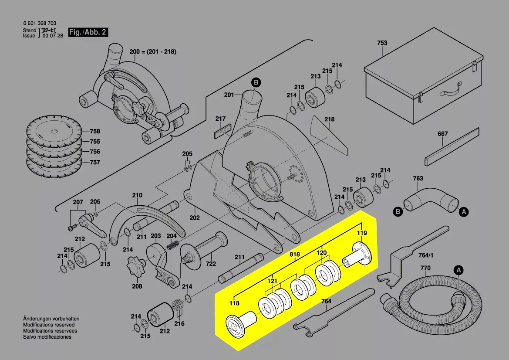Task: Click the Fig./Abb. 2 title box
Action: (x=88, y=32)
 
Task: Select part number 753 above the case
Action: (x=382, y=43)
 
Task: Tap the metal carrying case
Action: (x=424, y=76)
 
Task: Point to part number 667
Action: (x=442, y=133)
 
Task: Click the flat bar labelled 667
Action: (x=452, y=146)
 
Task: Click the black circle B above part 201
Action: (x=256, y=82)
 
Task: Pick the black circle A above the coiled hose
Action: (x=458, y=270)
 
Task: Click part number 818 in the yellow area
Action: (x=295, y=255)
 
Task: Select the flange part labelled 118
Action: (x=241, y=322)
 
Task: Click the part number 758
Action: (x=95, y=131)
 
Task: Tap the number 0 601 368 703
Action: (x=40, y=24)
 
